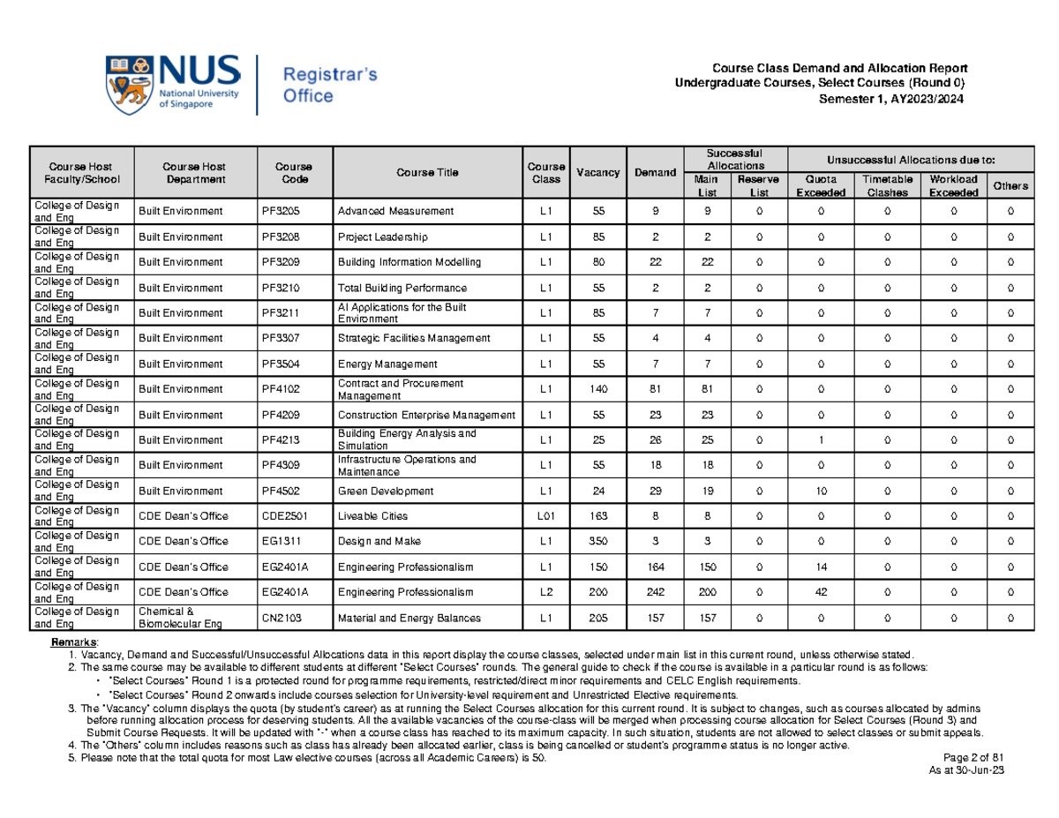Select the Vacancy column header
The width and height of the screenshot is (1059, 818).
[597, 172]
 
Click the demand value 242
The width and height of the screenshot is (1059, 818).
[653, 591]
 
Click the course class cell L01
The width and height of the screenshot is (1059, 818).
[546, 516]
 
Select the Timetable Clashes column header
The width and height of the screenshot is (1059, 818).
[885, 185]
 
